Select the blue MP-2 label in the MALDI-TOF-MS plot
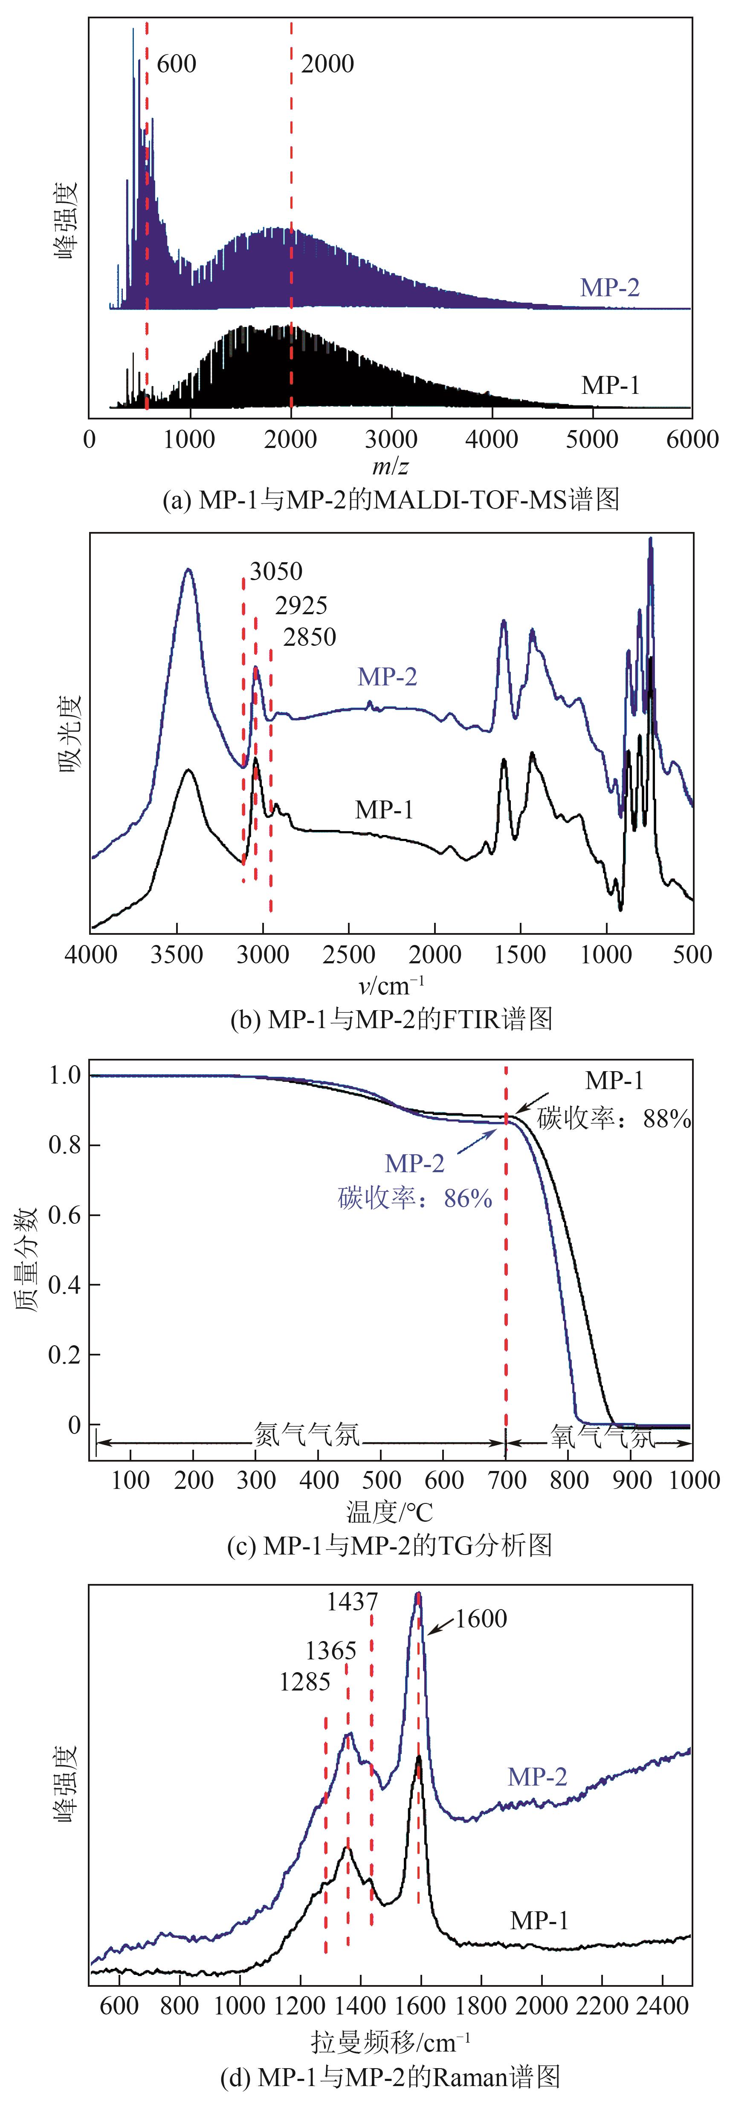point(609,287)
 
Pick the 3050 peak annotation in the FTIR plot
point(276,571)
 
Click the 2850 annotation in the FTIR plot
point(309,637)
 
